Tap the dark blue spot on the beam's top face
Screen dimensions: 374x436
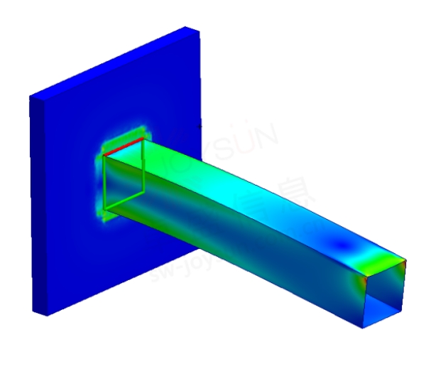(x=344, y=245)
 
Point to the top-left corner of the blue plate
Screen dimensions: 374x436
(x=29, y=97)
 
